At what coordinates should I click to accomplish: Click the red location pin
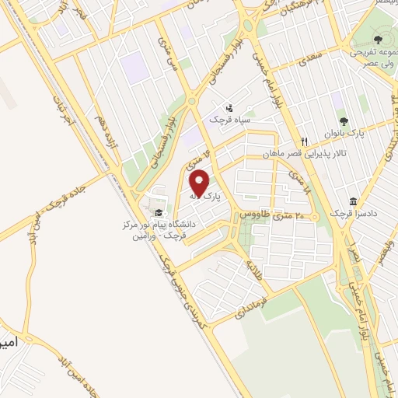click(x=201, y=183)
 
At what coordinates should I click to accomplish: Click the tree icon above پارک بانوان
click(x=344, y=121)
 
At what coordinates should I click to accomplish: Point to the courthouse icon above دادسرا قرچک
click(x=353, y=201)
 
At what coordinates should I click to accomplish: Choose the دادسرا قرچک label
click(x=347, y=213)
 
